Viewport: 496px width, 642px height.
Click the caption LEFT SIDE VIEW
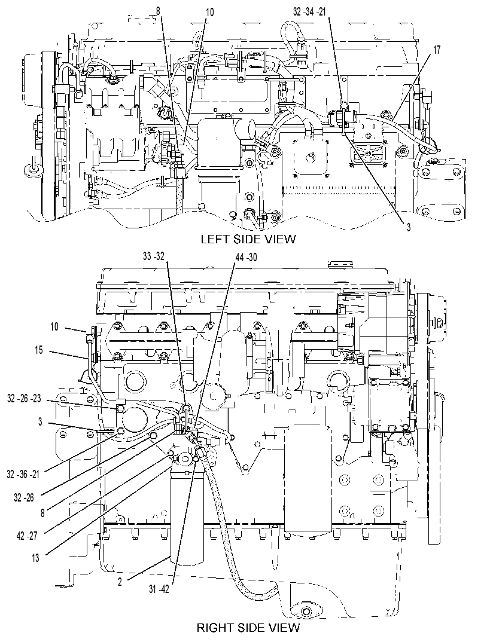[x=248, y=239]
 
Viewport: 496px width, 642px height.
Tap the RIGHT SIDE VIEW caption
[x=248, y=628]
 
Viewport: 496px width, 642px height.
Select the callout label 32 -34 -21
[x=309, y=11]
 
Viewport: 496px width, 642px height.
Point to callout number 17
[x=437, y=50]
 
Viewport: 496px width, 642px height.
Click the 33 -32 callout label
[x=154, y=256]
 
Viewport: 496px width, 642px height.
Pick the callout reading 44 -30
[x=247, y=256]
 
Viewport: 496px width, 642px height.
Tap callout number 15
[x=38, y=351]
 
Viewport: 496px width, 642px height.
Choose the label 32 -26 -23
[x=24, y=398]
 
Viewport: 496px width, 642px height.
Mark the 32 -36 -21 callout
[x=23, y=474]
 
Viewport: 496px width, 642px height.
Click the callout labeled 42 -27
[x=27, y=536]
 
